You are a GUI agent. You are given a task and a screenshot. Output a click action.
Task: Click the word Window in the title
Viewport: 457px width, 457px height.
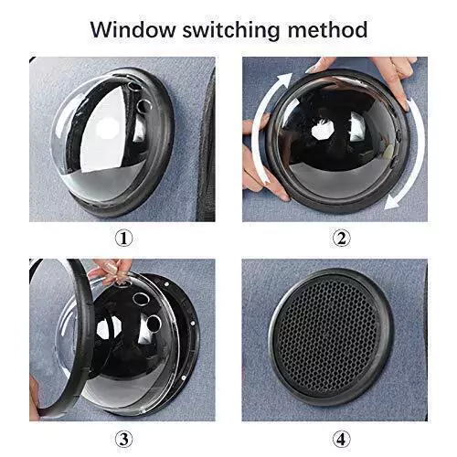tap(133, 29)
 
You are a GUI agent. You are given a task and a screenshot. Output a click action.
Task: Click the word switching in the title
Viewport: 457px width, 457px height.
tap(231, 30)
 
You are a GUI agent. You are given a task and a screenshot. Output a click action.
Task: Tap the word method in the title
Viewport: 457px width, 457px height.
tap(327, 29)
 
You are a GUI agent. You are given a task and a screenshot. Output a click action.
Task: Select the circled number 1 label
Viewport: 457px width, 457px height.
tap(123, 239)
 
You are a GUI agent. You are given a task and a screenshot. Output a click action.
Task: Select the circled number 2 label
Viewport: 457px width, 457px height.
tap(341, 239)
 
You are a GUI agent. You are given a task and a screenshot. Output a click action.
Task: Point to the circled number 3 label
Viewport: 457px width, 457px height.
tap(123, 440)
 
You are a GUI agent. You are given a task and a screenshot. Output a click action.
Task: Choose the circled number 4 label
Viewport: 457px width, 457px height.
tap(341, 440)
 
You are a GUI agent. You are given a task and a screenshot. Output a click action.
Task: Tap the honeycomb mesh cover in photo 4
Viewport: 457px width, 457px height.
tap(327, 336)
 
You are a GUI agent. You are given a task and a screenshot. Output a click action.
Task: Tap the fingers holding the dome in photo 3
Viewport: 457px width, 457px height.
tap(112, 271)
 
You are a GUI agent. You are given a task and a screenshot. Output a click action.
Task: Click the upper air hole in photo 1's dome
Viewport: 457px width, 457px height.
tap(134, 86)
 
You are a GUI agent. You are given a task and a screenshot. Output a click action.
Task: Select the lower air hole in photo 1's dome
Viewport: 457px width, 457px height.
tap(143, 106)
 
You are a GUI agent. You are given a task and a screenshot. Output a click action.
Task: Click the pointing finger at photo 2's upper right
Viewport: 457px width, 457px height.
tap(396, 82)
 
